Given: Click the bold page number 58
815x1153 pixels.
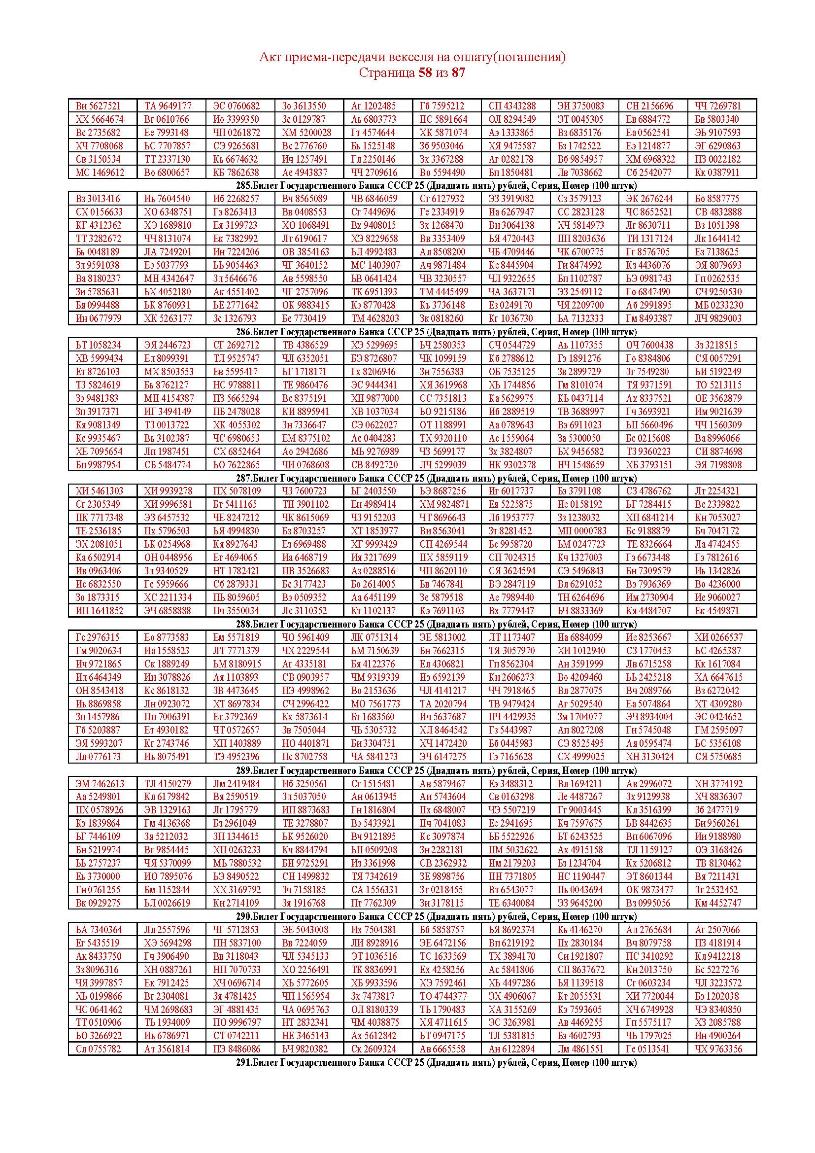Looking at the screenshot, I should tap(425, 73).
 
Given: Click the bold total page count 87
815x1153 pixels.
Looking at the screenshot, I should tap(458, 73).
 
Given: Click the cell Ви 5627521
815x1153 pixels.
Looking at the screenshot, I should tap(99, 106).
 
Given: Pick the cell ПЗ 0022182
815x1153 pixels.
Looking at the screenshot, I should tap(717, 159).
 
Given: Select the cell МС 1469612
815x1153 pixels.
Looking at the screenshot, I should tap(100, 173).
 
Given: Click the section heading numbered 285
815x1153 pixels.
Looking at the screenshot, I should tap(436, 186).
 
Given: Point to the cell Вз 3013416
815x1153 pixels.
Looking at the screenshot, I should tap(99, 199).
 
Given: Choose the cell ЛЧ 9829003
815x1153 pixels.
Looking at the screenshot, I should tap(718, 318).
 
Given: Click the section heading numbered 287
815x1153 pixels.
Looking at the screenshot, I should tap(436, 478).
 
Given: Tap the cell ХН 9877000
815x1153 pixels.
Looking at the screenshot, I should tap(374, 398).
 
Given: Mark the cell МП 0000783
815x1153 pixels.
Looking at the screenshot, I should tap(581, 531).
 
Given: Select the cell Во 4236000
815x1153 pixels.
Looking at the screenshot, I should tap(717, 584).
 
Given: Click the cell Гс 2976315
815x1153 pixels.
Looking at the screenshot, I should tap(98, 637).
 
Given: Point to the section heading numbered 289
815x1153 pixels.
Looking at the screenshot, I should tap(436, 770).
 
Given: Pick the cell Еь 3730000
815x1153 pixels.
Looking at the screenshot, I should tap(99, 876).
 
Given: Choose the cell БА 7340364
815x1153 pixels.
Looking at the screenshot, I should tap(99, 930).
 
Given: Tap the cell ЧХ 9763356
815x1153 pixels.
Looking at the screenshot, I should tap(717, 1049).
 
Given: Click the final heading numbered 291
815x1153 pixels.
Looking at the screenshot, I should tap(436, 1063).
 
